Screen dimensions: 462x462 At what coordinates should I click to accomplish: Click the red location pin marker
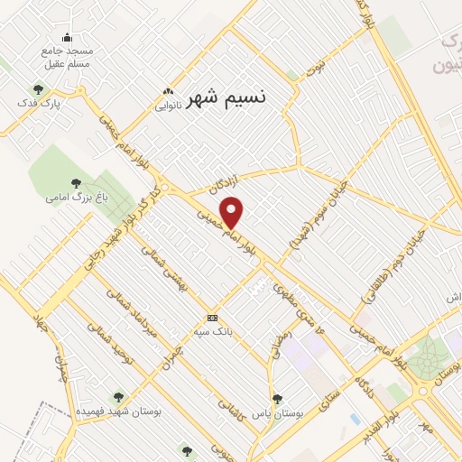(232, 213)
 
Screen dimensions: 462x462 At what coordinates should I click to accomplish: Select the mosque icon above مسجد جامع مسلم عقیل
(66, 38)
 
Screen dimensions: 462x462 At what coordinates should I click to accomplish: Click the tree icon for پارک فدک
(38, 89)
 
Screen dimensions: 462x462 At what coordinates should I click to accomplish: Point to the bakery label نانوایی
(167, 105)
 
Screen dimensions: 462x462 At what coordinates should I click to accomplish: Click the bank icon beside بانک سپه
(213, 318)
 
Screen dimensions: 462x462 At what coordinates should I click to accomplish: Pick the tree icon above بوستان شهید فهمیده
(117, 397)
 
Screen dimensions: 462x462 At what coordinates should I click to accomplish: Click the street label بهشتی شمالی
(169, 288)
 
